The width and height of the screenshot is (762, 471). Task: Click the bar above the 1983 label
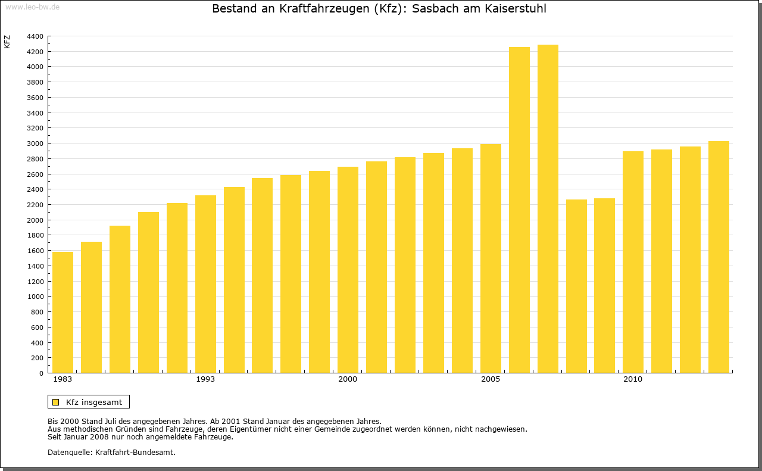[63, 312]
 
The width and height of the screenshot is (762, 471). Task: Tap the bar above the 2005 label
[491, 258]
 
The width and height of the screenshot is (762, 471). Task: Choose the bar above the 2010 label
[633, 262]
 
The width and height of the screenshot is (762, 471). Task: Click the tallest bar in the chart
[548, 208]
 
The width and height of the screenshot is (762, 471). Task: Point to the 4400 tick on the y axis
[35, 36]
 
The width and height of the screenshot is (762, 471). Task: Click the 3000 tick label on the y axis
[35, 144]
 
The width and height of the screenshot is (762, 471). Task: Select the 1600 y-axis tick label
[35, 251]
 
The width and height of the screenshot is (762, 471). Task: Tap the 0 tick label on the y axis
[40, 373]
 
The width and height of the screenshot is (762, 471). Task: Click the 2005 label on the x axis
[491, 379]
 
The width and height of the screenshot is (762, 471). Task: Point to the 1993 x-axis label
[205, 379]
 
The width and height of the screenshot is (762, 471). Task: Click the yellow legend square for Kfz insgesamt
[55, 402]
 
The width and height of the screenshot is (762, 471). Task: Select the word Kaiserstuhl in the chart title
[516, 9]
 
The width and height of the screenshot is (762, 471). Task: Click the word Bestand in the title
[234, 9]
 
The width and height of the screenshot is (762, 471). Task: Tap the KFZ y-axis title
[7, 42]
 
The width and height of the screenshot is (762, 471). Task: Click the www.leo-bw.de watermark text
[32, 6]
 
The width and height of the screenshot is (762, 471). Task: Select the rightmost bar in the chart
[719, 257]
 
